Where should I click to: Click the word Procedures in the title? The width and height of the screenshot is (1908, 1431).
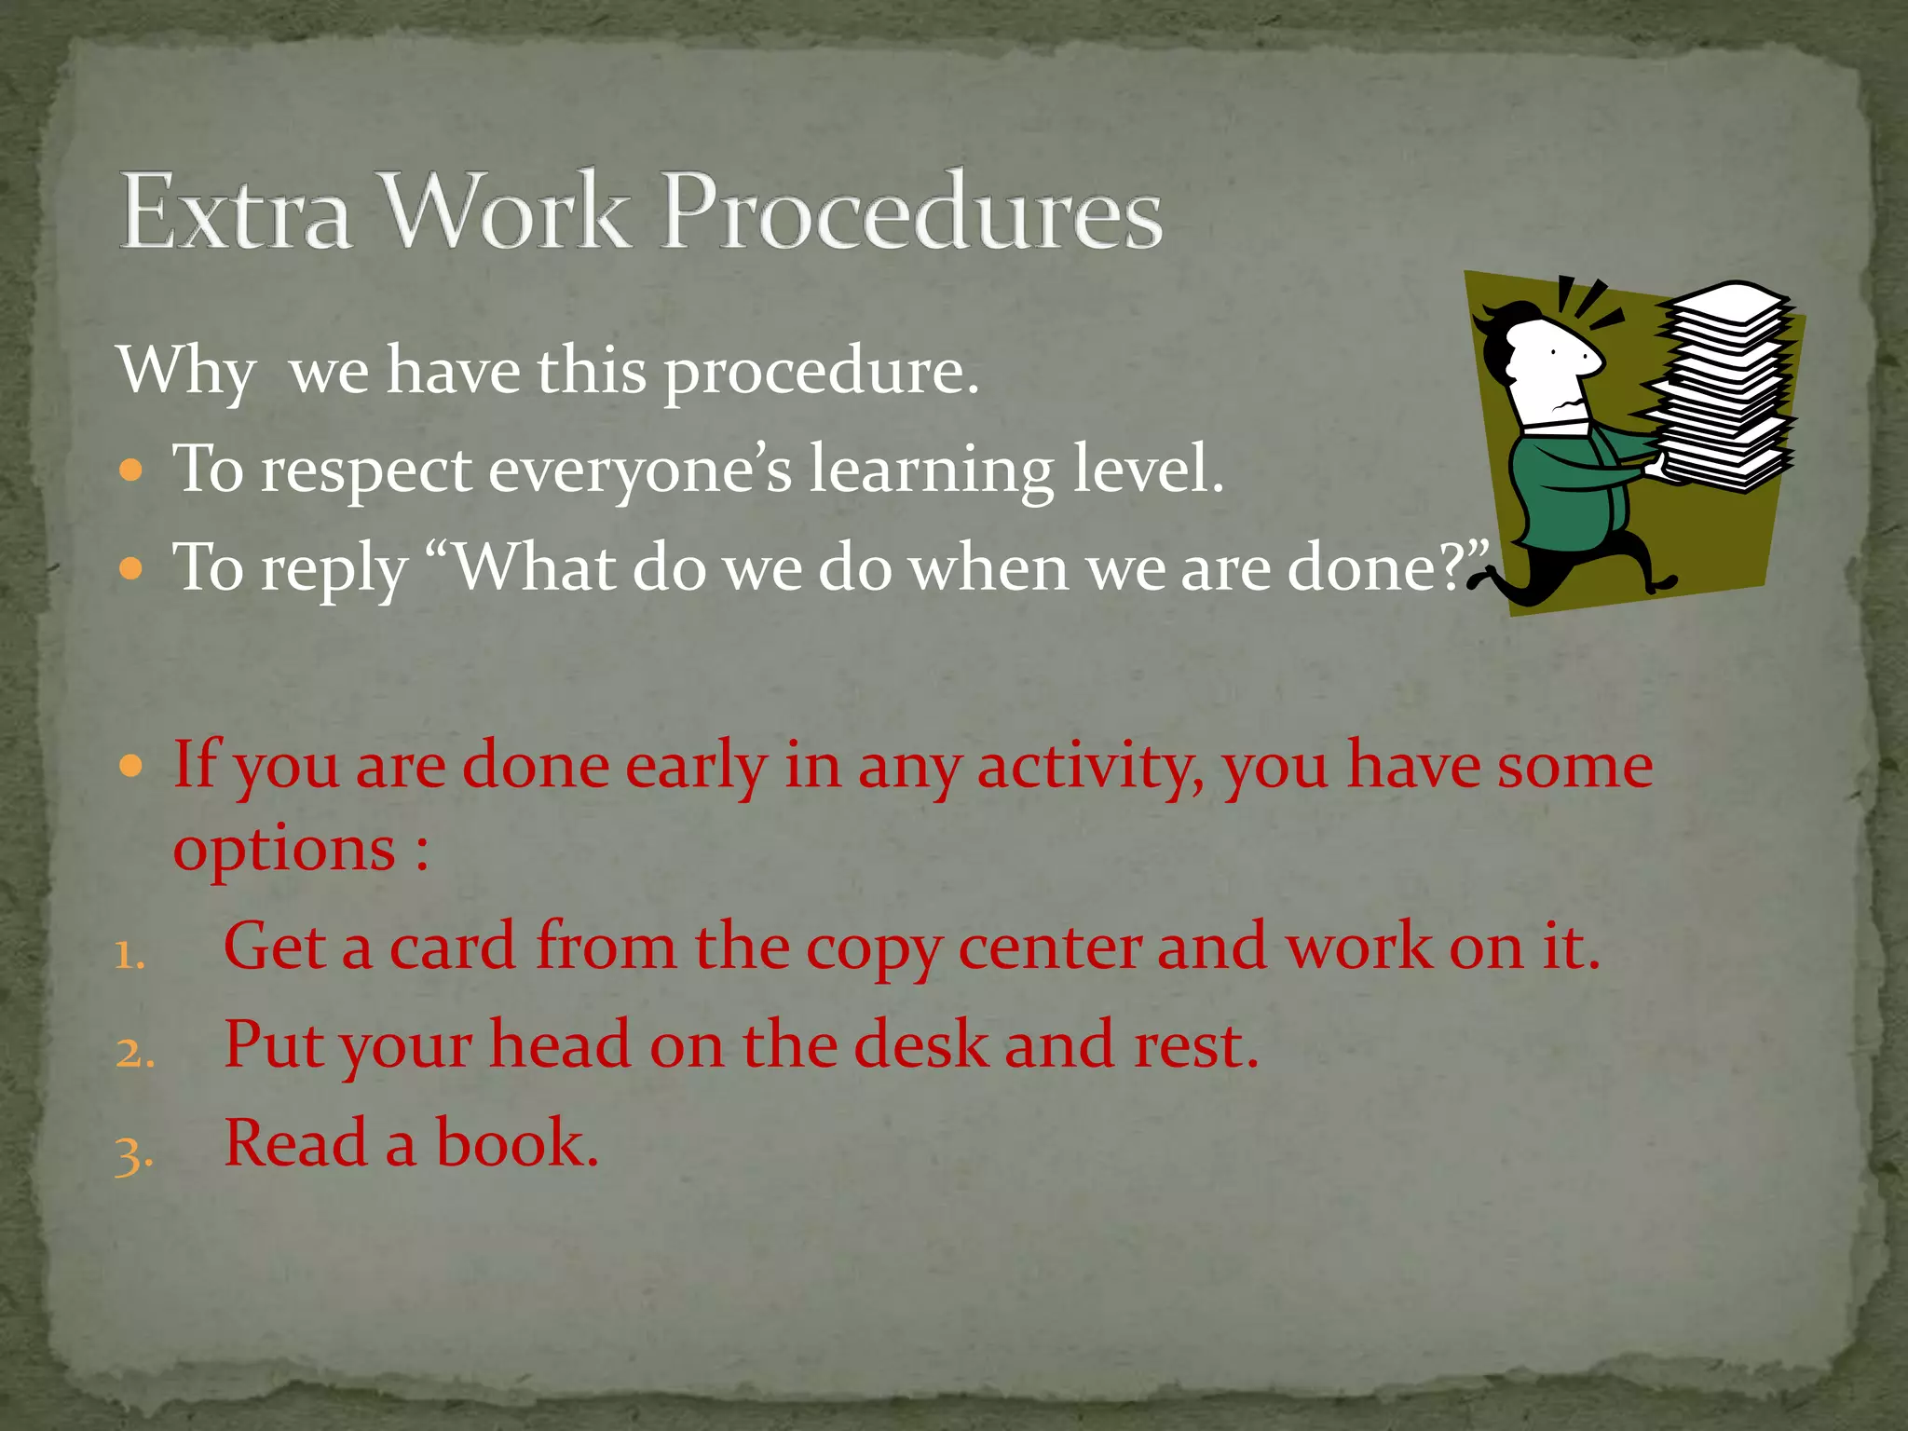click(912, 211)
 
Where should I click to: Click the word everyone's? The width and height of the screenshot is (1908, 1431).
click(640, 470)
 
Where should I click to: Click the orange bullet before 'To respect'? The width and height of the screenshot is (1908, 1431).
click(131, 469)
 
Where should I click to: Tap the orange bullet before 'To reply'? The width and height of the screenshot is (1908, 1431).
click(131, 566)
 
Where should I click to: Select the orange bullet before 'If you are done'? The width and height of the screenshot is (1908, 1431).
click(131, 766)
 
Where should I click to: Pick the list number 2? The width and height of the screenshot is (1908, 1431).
click(134, 1054)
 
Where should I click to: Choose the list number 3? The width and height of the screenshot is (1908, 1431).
click(133, 1153)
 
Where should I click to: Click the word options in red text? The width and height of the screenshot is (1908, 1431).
click(285, 850)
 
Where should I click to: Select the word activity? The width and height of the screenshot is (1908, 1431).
click(1086, 766)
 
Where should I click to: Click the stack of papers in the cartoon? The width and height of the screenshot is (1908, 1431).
click(1724, 387)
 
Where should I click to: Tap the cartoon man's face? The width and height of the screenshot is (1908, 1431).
click(1551, 368)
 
